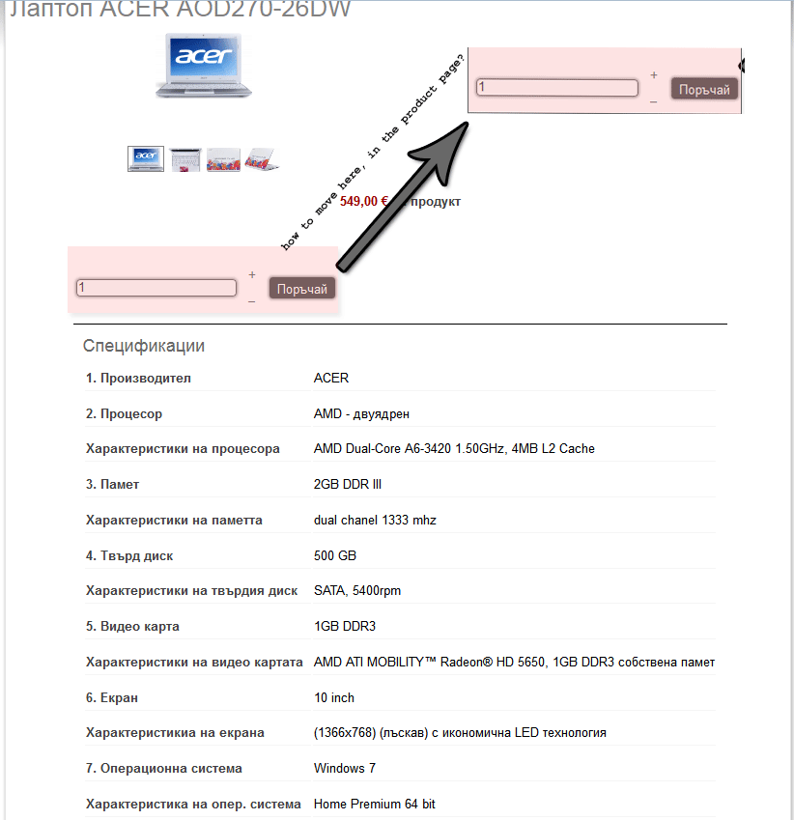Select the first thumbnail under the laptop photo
tap(146, 158)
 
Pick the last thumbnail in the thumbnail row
tap(261, 158)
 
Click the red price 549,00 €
tap(363, 202)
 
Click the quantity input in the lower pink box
tap(156, 288)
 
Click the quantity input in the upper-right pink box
tap(557, 88)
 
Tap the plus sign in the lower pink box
tap(252, 275)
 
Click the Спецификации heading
tap(144, 346)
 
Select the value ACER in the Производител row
tap(331, 378)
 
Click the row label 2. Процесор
tap(124, 413)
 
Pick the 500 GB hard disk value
tap(335, 555)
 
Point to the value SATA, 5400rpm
tap(357, 590)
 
